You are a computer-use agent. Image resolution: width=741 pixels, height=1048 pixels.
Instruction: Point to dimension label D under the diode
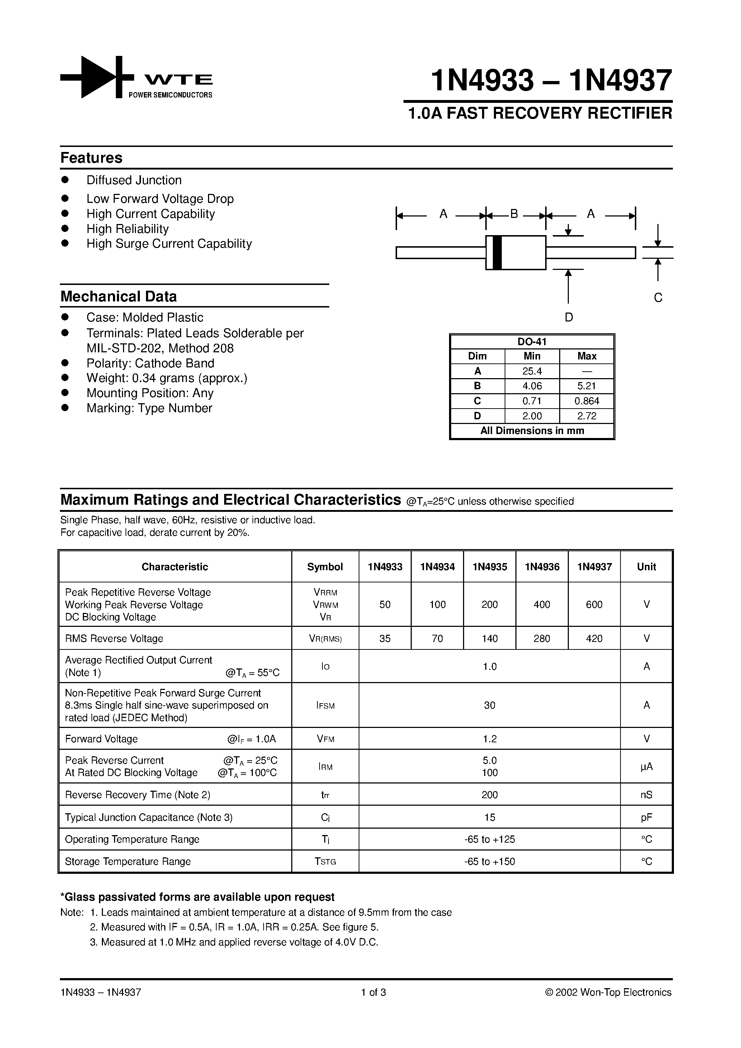[568, 317]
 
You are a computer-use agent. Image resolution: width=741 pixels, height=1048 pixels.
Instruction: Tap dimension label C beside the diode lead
[658, 297]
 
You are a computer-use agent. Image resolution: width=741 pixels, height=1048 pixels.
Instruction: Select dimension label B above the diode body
[514, 214]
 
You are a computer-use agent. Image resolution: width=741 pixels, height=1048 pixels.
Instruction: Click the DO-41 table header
[532, 342]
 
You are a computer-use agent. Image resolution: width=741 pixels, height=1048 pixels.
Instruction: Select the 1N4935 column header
[489, 567]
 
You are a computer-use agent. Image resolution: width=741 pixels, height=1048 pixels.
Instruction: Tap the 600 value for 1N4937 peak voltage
[594, 604]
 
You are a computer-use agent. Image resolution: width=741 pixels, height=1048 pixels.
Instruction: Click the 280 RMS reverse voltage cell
[542, 639]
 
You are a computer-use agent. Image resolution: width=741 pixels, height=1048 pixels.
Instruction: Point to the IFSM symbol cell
[325, 706]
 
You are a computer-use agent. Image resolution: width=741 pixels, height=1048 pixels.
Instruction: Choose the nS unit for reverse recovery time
[646, 795]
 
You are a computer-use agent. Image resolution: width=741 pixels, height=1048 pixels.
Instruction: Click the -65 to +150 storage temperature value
[489, 862]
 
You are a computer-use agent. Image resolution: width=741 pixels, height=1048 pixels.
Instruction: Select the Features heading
[91, 158]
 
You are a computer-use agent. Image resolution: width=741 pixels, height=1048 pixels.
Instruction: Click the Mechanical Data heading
[118, 297]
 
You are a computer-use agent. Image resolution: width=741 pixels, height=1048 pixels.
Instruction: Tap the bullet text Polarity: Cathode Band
[150, 363]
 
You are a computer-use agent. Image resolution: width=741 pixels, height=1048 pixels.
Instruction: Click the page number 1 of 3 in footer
[373, 992]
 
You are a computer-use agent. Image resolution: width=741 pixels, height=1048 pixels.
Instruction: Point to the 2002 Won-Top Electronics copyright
[608, 992]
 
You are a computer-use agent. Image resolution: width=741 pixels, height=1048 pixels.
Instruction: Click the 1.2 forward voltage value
[489, 739]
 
